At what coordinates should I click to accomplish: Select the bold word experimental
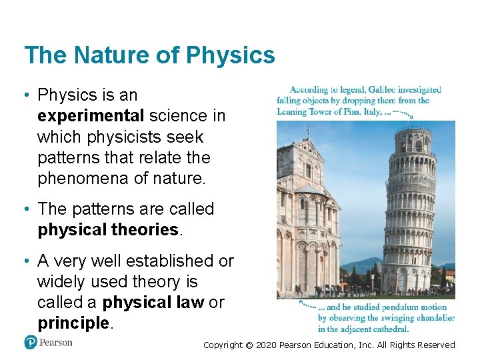pyautogui.click(x=91, y=116)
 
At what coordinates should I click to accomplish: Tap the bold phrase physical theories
pyautogui.click(x=108, y=230)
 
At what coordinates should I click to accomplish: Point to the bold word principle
pyautogui.click(x=73, y=323)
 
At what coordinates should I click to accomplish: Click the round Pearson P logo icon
pyautogui.click(x=30, y=343)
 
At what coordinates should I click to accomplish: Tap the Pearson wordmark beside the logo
pyautogui.click(x=56, y=343)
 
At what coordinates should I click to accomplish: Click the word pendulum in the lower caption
pyautogui.click(x=403, y=307)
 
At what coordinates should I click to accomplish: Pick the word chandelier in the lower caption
pyautogui.click(x=433, y=318)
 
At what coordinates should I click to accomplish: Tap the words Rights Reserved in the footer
pyautogui.click(x=429, y=345)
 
